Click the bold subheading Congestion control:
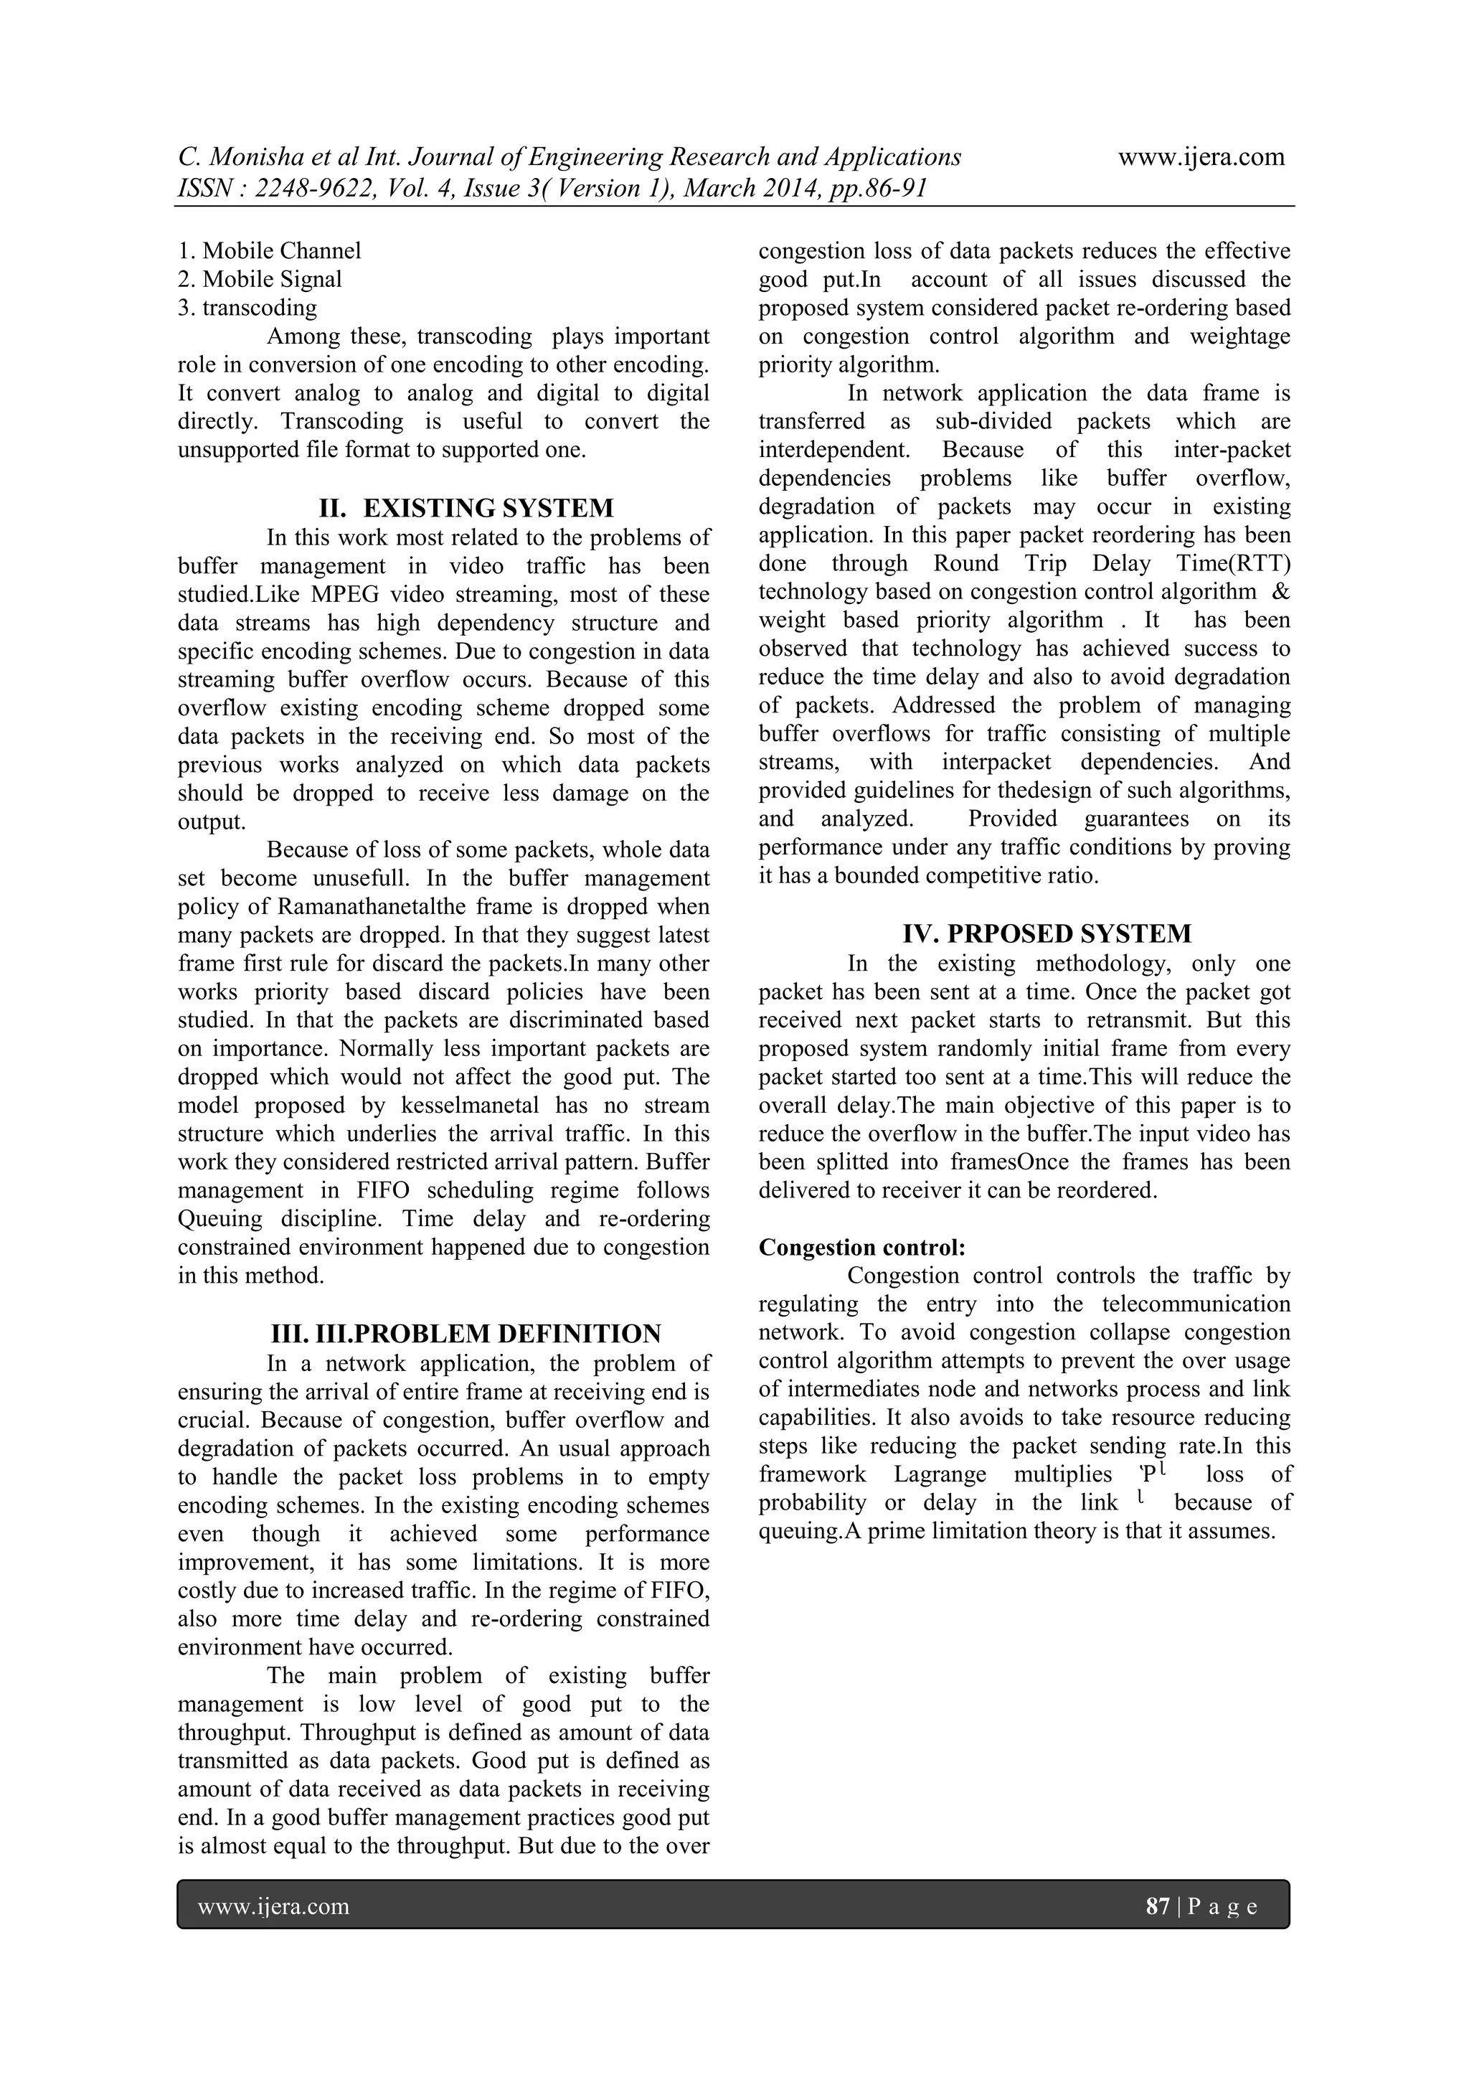click(862, 1248)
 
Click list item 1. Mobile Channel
click(270, 250)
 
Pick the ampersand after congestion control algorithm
click(1280, 592)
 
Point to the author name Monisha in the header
click(256, 157)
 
